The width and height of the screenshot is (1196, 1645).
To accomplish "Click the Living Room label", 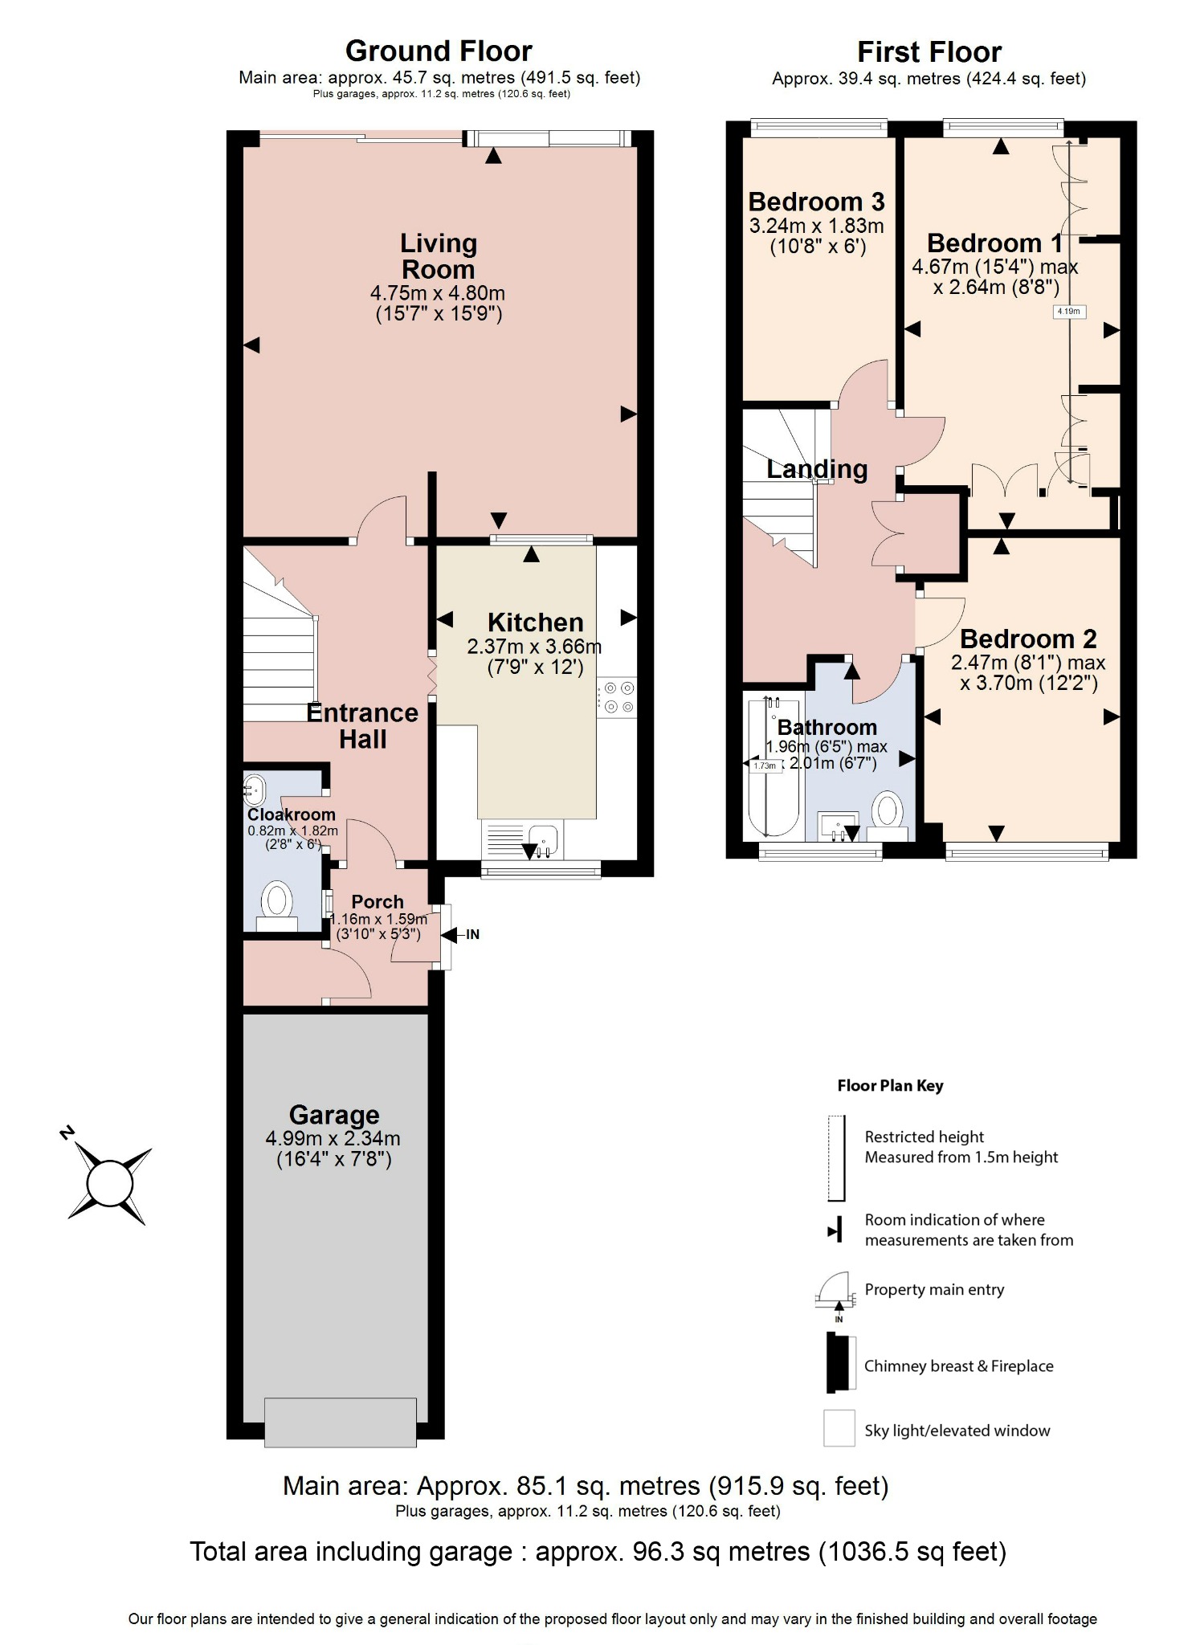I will (x=438, y=256).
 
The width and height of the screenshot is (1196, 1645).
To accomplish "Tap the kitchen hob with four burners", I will (x=616, y=697).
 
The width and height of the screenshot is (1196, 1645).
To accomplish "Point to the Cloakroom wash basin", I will (x=254, y=790).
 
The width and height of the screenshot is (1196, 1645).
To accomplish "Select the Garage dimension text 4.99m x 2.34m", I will (x=333, y=1138).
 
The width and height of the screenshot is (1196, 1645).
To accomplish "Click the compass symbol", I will (x=109, y=1183).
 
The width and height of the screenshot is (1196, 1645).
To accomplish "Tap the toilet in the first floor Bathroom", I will (x=887, y=813).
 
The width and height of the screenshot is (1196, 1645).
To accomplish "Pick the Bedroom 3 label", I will (x=816, y=201).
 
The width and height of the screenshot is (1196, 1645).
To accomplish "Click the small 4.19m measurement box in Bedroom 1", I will (x=1068, y=312).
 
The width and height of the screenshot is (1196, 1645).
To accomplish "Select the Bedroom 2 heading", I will (x=1027, y=639).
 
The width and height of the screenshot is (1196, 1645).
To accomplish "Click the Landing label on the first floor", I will (x=816, y=469).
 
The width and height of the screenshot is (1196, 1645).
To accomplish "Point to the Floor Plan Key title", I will (x=890, y=1086).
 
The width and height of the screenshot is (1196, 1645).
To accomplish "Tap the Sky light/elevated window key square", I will (x=839, y=1429).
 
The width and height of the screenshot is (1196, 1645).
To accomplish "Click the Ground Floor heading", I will (x=439, y=51).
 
